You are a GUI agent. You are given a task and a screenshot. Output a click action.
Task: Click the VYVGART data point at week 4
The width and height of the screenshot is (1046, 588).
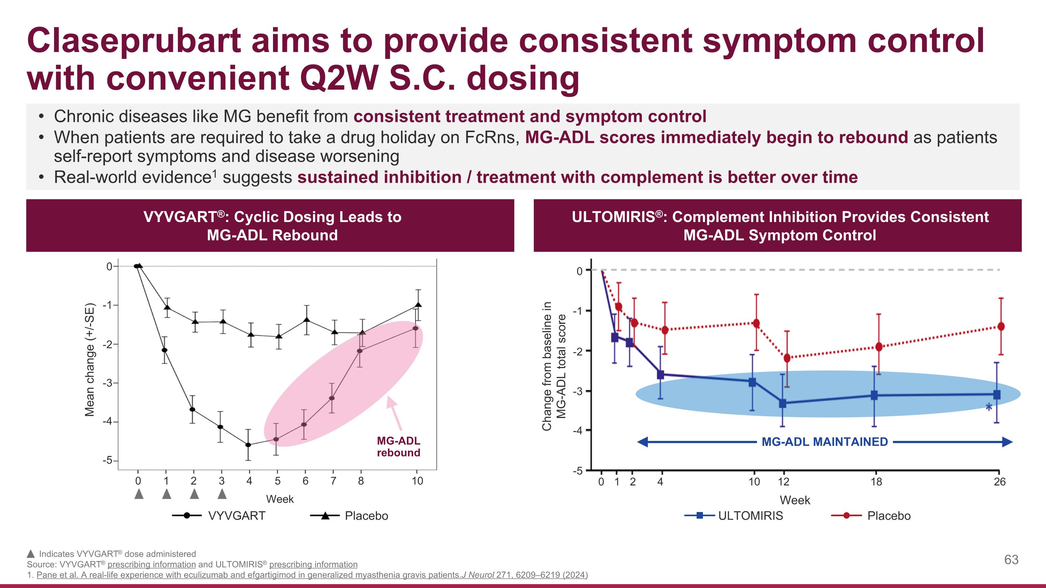248,445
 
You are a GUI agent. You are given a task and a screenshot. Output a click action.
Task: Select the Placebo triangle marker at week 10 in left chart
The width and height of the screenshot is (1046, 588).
418,305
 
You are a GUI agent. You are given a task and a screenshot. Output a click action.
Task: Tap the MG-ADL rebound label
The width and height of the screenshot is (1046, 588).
398,446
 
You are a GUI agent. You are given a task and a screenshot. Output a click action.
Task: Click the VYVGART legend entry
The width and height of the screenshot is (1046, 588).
236,516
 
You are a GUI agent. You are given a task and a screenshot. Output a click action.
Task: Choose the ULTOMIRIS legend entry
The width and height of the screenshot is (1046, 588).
750,516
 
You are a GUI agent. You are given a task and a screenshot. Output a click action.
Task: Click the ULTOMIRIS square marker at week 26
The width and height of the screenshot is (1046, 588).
996,395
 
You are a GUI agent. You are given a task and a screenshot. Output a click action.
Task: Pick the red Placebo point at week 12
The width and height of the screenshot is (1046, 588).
787,358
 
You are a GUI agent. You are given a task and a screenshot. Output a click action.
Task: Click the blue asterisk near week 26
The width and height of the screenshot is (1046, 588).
989,407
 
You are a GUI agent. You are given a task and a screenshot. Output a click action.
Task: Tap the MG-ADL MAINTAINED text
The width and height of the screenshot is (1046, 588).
824,442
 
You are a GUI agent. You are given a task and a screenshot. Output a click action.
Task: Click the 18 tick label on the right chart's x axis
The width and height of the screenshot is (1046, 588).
876,482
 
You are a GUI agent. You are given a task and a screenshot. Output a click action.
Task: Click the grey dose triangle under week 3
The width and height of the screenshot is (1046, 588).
222,494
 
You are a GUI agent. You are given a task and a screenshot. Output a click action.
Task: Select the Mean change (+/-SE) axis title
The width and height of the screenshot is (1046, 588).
90,360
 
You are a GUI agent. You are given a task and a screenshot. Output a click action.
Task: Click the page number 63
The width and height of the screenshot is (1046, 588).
1011,560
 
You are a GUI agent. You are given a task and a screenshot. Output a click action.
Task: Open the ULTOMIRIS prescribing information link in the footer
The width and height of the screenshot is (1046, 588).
313,564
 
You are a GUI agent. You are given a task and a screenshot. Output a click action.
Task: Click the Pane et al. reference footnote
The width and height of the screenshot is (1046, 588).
312,575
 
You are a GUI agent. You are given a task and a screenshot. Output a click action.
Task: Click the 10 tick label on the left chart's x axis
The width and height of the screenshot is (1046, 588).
417,481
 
